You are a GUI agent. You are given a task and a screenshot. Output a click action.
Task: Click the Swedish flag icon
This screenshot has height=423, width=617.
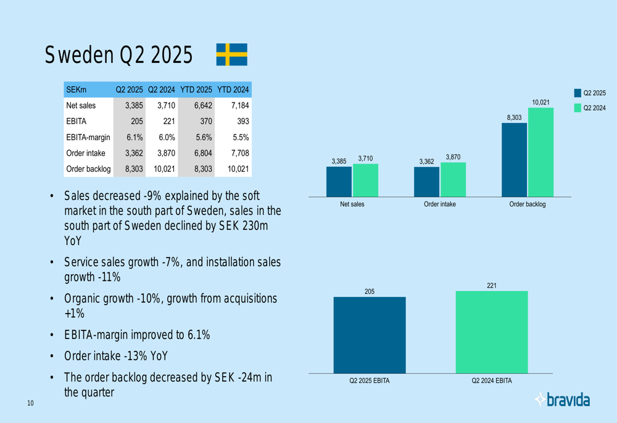tap(232, 54)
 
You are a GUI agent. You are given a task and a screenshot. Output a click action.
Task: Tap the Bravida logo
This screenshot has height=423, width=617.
tap(562, 400)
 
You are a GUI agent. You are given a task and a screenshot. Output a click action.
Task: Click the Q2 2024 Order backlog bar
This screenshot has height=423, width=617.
tap(540, 152)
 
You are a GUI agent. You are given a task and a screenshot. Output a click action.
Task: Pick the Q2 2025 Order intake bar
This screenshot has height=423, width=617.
tap(426, 182)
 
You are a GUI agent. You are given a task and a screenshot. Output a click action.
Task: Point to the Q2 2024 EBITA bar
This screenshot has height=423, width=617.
tap(492, 332)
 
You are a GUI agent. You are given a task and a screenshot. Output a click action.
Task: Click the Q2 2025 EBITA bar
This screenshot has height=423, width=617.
tap(370, 335)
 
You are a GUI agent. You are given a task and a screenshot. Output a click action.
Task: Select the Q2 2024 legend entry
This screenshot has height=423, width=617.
tap(590, 108)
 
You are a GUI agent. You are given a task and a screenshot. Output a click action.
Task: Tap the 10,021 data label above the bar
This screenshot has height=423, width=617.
tap(540, 102)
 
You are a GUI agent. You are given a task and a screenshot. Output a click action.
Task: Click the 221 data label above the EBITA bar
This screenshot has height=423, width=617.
tap(492, 285)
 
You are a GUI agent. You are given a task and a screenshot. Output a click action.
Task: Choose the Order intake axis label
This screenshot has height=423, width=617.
tap(440, 204)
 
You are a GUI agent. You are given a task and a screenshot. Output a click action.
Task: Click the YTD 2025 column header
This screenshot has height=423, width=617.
tap(196, 90)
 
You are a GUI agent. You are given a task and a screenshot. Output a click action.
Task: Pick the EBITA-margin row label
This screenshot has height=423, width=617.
tap(88, 138)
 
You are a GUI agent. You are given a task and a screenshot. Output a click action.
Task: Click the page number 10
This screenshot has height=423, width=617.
tap(30, 403)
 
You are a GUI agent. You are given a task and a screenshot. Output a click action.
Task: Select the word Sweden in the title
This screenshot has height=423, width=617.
tap(78, 56)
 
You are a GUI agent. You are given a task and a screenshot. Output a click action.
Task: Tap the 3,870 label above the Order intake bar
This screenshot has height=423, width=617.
tap(453, 157)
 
